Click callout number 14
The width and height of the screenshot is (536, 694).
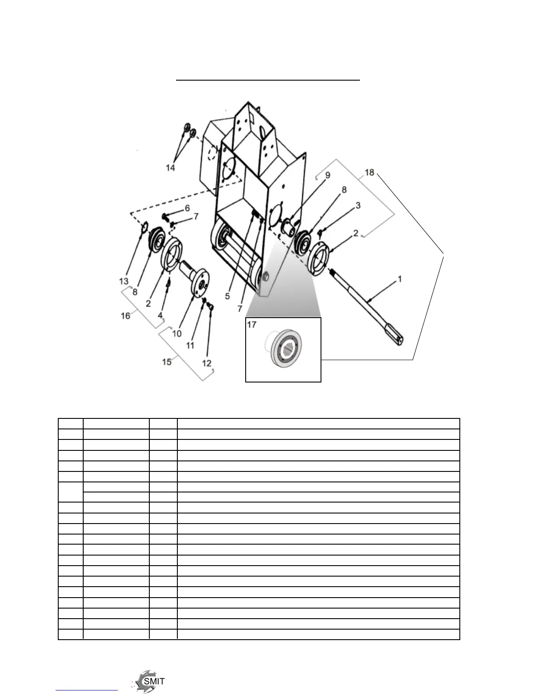tap(170, 167)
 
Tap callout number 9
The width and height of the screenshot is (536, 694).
tap(328, 175)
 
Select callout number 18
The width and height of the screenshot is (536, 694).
tap(370, 172)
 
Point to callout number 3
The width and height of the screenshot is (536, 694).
tap(358, 205)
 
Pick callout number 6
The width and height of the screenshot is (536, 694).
tap(187, 208)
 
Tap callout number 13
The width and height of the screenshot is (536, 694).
tap(124, 281)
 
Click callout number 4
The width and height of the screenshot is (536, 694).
tap(160, 315)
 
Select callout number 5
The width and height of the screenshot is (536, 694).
tap(227, 296)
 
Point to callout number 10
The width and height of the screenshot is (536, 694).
tap(177, 333)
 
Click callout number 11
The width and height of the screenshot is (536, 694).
tap(190, 345)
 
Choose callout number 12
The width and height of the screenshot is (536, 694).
tap(207, 363)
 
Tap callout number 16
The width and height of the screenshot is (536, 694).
tap(126, 315)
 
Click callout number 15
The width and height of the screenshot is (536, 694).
tap(167, 362)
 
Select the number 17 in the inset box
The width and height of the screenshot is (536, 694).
tap(252, 325)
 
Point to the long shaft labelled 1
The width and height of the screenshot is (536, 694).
tap(368, 302)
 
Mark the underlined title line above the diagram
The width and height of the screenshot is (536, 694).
tap(268, 81)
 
